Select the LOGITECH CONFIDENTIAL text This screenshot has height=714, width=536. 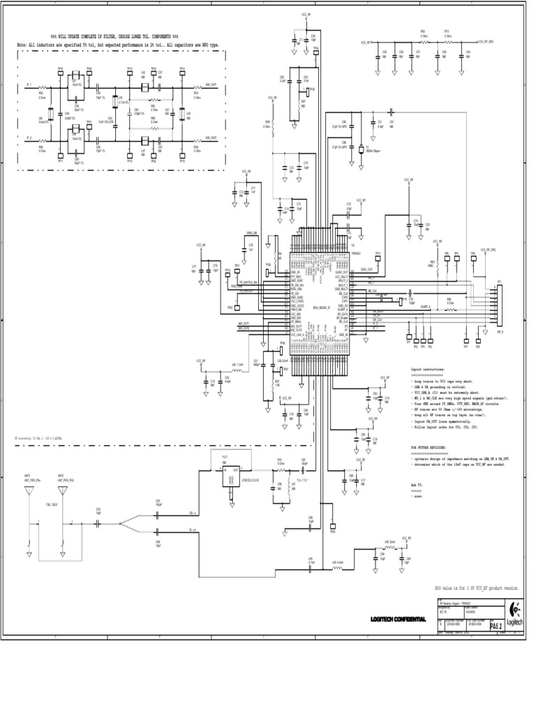398,619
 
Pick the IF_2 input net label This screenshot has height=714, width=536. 29,139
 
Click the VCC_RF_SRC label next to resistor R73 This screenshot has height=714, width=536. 485,42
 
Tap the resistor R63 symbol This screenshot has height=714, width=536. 424,42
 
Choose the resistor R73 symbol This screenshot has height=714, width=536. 447,42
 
